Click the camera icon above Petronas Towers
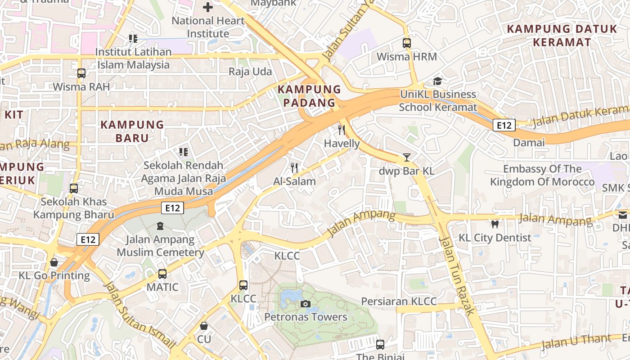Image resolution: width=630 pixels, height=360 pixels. [x=306, y=304]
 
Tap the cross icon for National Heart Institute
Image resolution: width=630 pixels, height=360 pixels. [x=208, y=7]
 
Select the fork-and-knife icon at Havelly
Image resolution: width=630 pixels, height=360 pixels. [x=342, y=130]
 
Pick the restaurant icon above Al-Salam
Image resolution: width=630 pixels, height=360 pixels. [x=294, y=168]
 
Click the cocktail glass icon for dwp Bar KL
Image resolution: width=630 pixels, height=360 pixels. [x=407, y=157]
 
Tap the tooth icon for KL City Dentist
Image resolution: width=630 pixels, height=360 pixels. [x=495, y=224]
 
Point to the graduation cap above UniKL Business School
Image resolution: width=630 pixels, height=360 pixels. [x=437, y=81]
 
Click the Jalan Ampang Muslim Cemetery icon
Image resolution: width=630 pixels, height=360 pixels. [x=160, y=226]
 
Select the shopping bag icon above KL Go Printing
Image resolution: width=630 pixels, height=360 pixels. [x=54, y=262]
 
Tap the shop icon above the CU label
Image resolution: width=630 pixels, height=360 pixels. [x=204, y=325]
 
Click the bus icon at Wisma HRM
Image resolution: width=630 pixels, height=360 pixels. [x=407, y=43]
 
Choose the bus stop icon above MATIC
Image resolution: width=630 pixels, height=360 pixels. [x=162, y=274]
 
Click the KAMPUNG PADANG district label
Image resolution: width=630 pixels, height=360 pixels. [x=309, y=96]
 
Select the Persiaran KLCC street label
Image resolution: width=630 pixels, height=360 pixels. [x=399, y=301]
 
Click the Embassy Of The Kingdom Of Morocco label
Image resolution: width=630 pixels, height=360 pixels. [x=542, y=175]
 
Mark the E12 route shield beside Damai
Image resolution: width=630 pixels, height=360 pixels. [x=504, y=125]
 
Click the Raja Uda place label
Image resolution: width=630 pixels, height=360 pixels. [x=250, y=72]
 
